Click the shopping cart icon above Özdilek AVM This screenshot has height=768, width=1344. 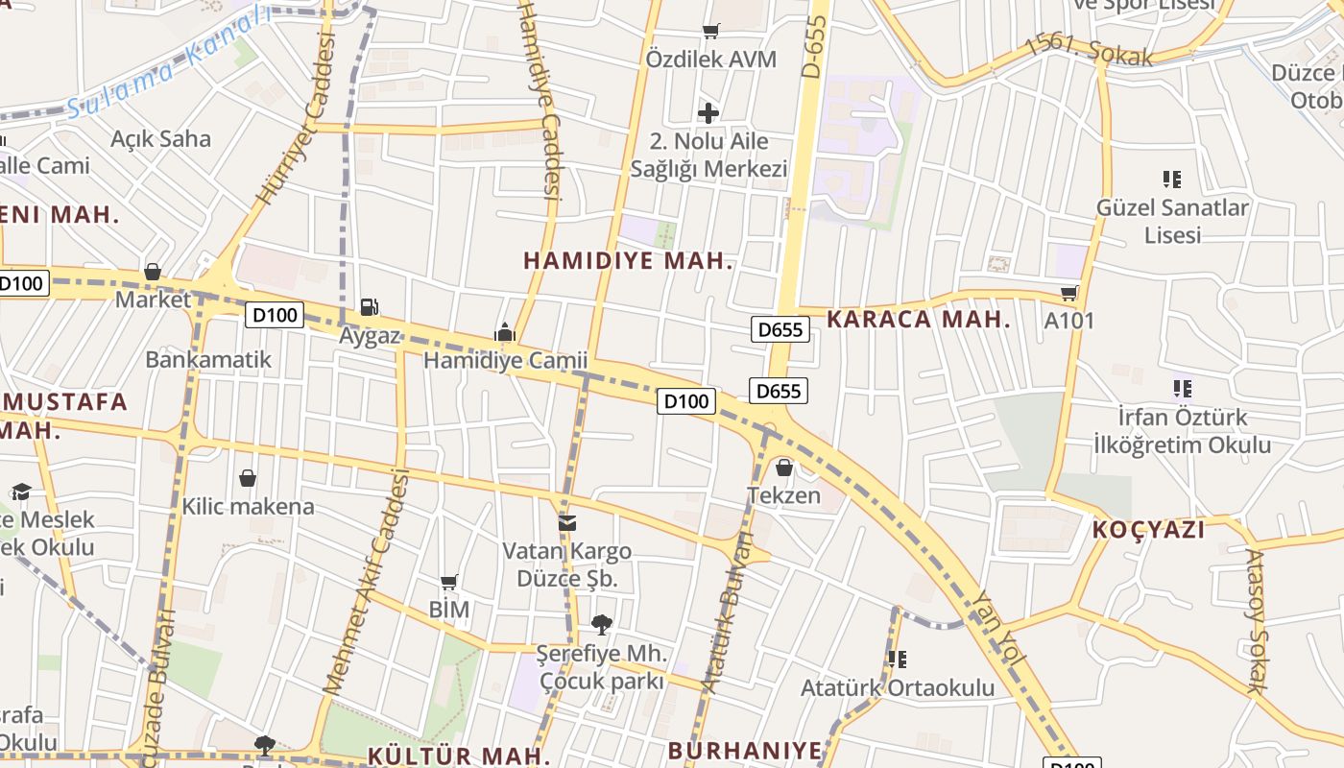710,32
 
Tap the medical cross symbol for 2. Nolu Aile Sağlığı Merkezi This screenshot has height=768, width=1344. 708,113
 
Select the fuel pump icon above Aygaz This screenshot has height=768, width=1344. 369,307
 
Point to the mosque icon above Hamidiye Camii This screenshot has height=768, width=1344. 505,332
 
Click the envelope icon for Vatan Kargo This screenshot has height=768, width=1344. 567,523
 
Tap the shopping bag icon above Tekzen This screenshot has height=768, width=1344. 784,468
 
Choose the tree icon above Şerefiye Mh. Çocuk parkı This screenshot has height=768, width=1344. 602,625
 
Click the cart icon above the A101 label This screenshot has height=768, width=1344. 1069,293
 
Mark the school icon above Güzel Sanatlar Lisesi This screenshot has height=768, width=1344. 1171,179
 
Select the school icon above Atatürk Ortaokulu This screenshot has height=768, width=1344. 898,660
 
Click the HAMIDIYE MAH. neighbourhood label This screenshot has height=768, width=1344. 629,260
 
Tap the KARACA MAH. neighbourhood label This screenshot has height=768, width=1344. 919,320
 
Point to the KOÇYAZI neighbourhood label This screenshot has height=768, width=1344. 1148,529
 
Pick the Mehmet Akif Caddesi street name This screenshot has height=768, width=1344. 367,582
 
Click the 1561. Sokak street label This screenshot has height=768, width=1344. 1089,50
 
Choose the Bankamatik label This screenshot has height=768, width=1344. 208,360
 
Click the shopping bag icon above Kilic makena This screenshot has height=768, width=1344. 248,478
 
